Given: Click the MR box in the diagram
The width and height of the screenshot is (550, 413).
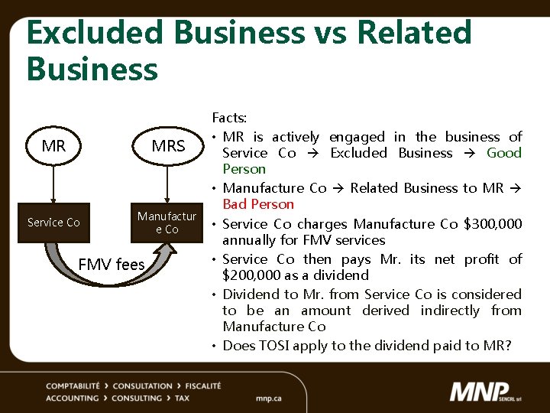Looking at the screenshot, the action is coord(53,145).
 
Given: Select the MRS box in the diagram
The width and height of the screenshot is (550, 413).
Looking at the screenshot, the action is coord(168,145).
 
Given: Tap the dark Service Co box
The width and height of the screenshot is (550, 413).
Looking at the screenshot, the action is coord(53,223).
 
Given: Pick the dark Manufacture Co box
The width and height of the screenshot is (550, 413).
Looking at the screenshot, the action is coord(167,223).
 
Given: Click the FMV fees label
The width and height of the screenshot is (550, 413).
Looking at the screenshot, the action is coord(112,265).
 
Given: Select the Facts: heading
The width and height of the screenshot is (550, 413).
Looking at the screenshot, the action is coord(229,118).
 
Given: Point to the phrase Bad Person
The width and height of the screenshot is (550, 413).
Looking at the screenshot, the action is coord(258,204).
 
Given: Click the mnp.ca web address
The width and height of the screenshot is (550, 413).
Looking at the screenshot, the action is coord(269,398).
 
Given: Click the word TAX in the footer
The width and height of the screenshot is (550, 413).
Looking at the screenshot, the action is coord(182,398).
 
